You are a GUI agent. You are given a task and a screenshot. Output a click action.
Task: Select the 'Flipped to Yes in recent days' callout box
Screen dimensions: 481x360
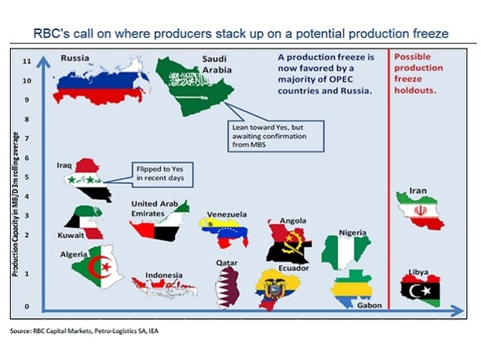coord(162,175)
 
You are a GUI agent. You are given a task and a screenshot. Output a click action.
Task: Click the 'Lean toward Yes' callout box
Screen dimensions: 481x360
coord(276,136)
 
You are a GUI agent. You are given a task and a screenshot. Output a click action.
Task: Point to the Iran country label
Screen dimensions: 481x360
coord(418,191)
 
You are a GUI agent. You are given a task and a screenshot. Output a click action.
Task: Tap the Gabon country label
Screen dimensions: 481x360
coord(370,305)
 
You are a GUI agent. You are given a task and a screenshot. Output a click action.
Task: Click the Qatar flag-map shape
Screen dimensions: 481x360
coord(227,287)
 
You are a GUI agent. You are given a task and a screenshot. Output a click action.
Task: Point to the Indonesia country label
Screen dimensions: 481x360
coord(164,275)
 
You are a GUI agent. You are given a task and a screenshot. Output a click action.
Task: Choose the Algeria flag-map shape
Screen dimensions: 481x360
coord(98,267)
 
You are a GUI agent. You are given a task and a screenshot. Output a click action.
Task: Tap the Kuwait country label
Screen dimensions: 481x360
coord(71,236)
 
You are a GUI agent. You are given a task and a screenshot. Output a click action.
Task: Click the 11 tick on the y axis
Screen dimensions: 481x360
coord(27,61)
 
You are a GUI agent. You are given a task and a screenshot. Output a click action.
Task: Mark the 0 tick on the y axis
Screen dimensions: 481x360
coord(27,307)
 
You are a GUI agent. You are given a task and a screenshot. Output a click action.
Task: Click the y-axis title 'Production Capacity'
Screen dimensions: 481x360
coord(15,204)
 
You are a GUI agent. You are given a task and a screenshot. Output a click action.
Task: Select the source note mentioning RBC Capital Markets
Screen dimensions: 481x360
coord(84,331)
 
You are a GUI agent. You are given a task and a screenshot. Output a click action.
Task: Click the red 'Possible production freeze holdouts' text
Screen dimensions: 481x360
coord(418,73)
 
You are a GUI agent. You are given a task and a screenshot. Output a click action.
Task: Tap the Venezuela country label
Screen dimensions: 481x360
coord(227,215)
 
